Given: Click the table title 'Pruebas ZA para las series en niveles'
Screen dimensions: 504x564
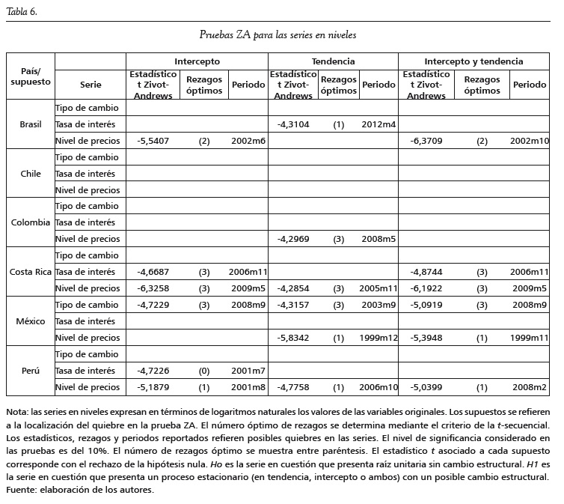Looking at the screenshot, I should pos(278,34).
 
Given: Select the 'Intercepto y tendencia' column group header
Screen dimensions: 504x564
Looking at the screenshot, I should pos(473,61).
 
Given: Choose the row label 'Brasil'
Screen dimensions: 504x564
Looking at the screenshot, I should pos(31,124).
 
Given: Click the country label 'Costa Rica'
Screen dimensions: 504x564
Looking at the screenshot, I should pos(31,272).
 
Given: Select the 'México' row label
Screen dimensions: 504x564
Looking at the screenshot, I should pos(31,321).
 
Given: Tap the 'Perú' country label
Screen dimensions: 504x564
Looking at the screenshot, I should pos(31,371).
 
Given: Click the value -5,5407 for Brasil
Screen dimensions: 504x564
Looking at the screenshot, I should pos(153,141).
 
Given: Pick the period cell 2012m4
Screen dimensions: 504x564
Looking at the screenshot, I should pos(378,124).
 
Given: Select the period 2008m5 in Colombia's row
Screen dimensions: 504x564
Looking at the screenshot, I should pos(378,239).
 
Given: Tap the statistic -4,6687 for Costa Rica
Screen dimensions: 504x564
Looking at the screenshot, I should pos(153,272).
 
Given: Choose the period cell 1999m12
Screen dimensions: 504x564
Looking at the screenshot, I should pos(378,338).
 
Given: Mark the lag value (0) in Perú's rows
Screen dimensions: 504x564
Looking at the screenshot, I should pos(204,371).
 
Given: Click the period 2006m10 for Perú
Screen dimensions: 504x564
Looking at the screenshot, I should pos(378,387).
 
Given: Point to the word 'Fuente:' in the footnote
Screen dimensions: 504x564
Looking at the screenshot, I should pos(21,491).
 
